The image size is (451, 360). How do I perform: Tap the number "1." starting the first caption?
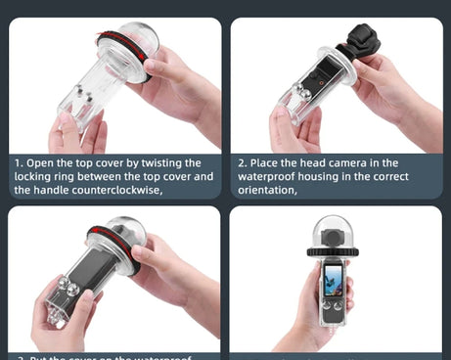[x=19, y=162]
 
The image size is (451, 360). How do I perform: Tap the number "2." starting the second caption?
[x=244, y=162]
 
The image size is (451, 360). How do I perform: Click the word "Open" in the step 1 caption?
[x=44, y=162]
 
